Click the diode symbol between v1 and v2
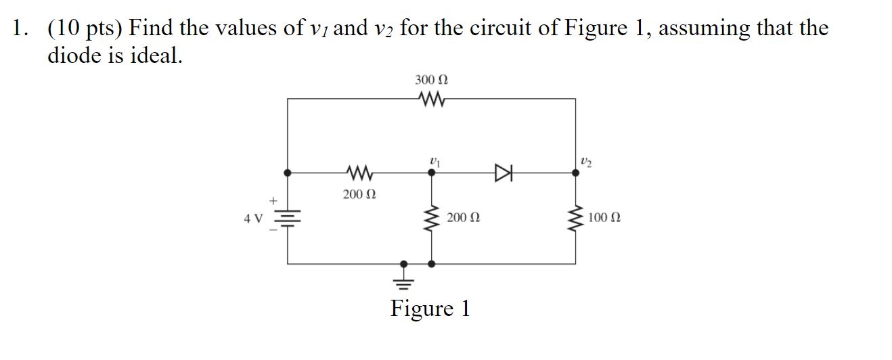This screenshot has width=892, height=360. (504, 173)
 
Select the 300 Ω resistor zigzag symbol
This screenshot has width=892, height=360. (431, 99)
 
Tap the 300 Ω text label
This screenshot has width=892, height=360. (431, 80)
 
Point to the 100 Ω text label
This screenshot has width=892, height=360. (604, 218)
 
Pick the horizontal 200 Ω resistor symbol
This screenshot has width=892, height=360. (359, 173)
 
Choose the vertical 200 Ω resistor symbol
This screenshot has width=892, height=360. (432, 218)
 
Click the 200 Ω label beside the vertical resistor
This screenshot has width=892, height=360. (463, 218)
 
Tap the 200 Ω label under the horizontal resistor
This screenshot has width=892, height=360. (359, 195)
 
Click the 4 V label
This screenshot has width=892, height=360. (253, 218)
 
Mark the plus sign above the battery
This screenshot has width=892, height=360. (273, 201)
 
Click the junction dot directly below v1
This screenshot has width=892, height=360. (432, 173)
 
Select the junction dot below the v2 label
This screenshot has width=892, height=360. (575, 173)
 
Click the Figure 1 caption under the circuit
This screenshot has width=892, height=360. (430, 309)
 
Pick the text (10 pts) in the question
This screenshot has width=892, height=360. (84, 28)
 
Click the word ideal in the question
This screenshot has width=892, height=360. (154, 56)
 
